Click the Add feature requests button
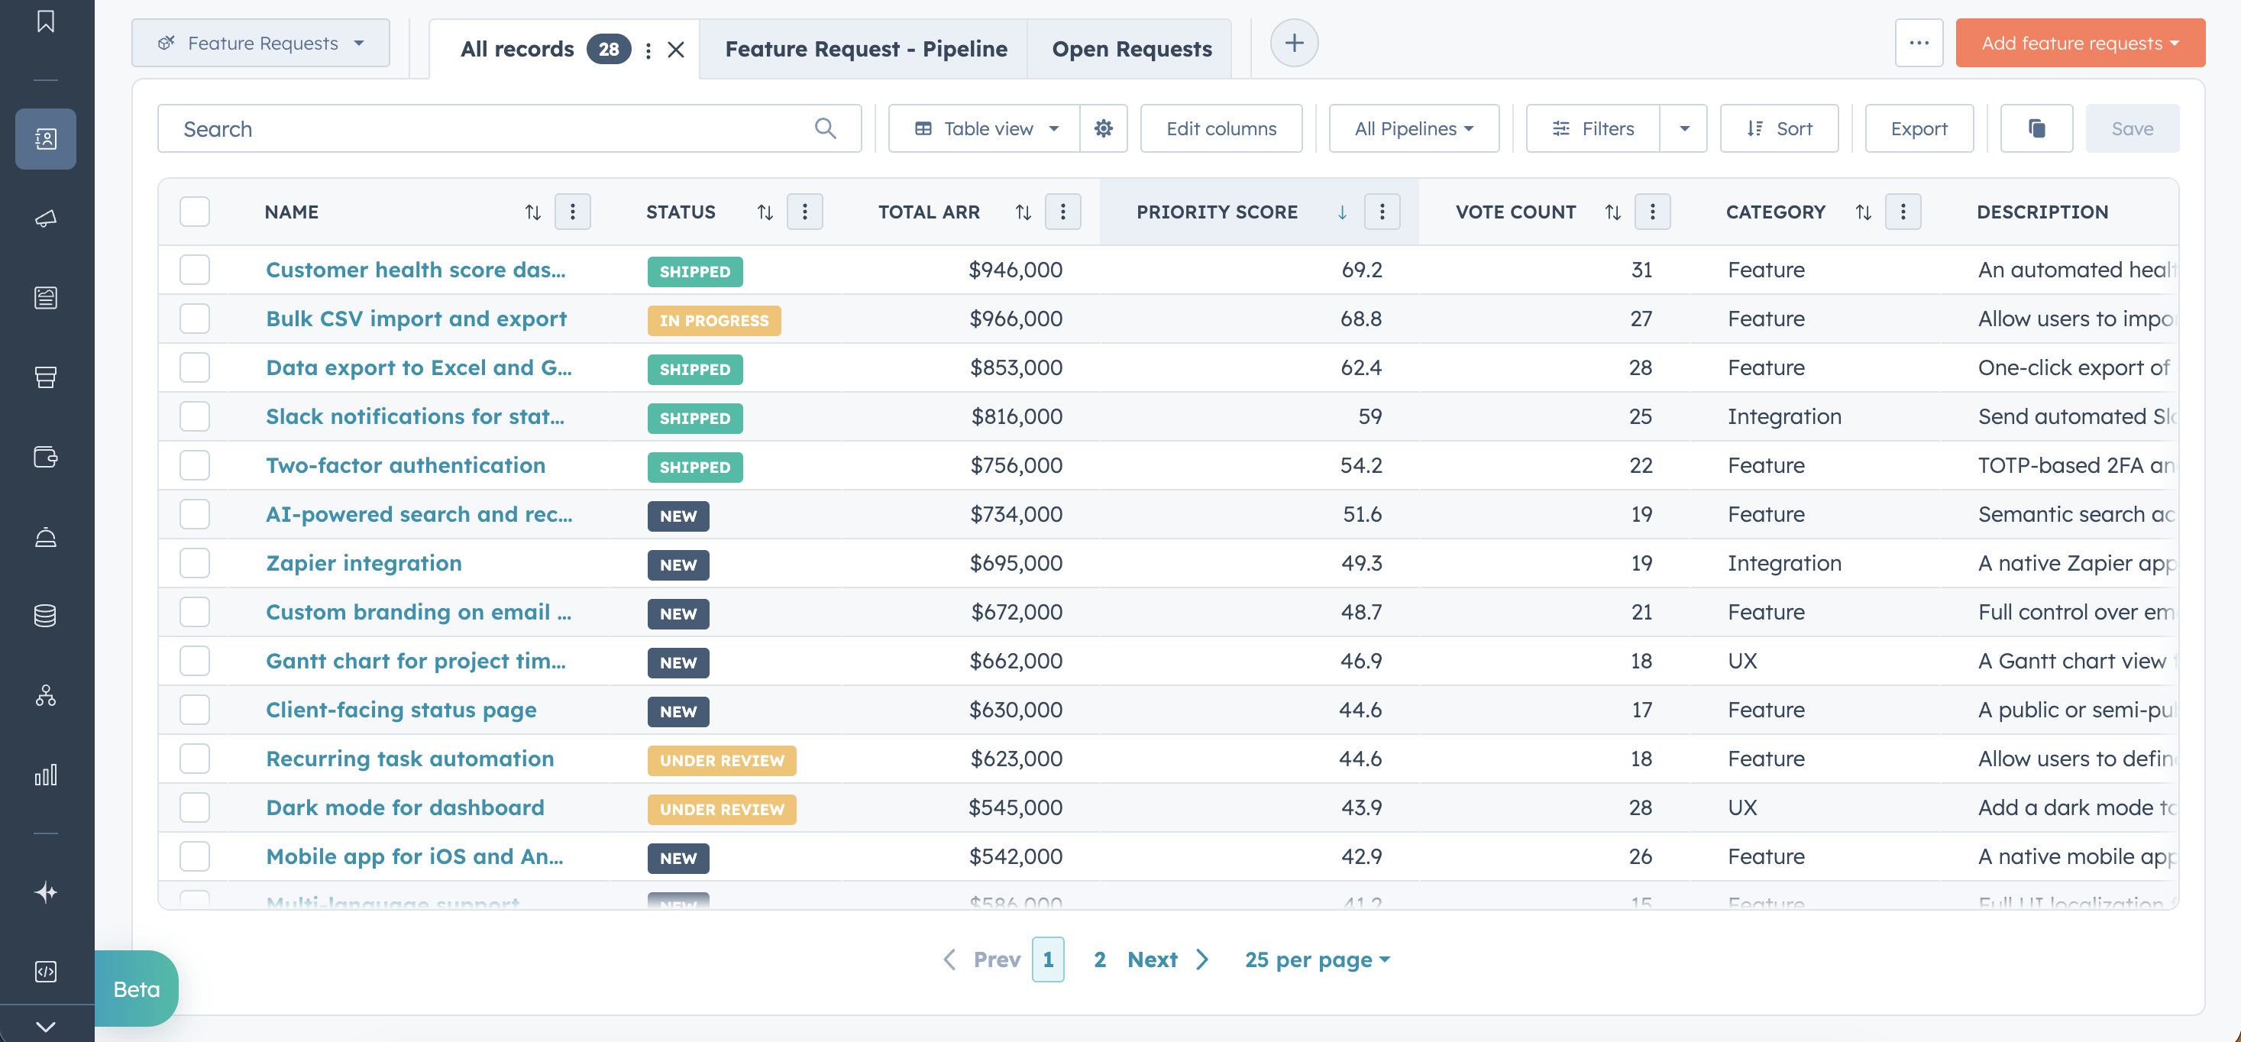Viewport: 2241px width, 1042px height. tap(2078, 44)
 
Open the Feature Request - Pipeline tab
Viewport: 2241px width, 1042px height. tap(865, 50)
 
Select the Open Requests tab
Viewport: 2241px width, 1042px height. tap(1131, 50)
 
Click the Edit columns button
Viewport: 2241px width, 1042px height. tap(1221, 129)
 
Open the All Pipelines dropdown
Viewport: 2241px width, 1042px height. tap(1413, 129)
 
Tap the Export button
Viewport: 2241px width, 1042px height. tap(1918, 129)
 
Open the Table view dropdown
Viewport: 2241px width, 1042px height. tap(985, 129)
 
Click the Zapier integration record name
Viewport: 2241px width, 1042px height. tap(364, 563)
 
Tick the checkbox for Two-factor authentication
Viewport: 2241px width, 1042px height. tap(195, 465)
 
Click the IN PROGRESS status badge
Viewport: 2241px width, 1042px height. tap(713, 320)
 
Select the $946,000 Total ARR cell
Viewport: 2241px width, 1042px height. tap(1015, 270)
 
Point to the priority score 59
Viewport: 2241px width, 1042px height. tap(1369, 416)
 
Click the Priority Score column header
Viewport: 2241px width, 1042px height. tap(1216, 212)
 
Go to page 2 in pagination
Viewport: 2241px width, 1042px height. tap(1100, 959)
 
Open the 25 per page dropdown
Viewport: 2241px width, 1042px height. tap(1316, 959)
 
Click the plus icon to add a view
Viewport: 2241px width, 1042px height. tap(1294, 44)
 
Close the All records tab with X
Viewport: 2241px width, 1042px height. tap(676, 50)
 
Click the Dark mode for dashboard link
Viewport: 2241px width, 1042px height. tap(405, 807)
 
